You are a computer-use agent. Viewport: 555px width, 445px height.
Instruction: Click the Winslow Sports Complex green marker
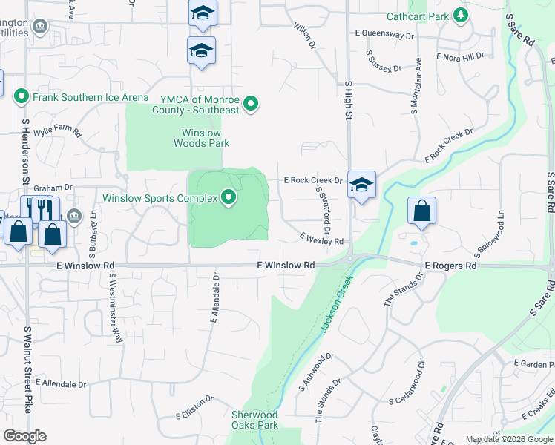229,198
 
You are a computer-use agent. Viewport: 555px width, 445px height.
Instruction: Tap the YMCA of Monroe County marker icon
251,104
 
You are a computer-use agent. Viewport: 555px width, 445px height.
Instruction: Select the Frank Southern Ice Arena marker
19,96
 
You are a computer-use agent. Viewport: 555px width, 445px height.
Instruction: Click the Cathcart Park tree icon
461,16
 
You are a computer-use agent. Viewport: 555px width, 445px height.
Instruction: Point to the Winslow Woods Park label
201,139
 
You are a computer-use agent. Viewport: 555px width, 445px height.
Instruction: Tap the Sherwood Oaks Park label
254,420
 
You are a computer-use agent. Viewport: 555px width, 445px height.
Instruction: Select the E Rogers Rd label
450,266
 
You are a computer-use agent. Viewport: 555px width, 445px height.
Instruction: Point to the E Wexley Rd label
321,238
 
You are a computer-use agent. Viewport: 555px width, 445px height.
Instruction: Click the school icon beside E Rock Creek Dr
361,185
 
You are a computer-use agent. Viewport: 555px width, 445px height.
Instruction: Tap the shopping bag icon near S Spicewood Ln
421,210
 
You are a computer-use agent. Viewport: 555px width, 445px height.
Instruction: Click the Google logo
24,436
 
